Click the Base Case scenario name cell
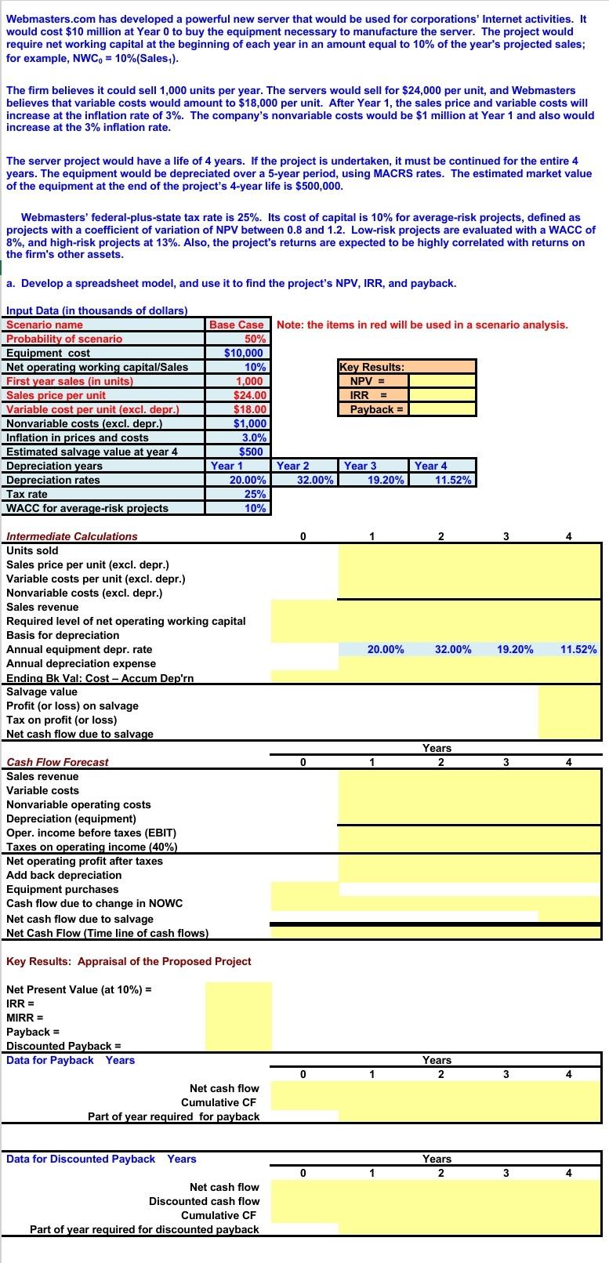click(x=239, y=325)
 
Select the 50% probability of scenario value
click(x=255, y=339)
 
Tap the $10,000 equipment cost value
click(x=245, y=353)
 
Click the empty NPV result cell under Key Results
click(x=442, y=381)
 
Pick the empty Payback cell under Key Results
click(x=442, y=409)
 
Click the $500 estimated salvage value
click(x=252, y=452)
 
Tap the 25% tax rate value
click(x=255, y=494)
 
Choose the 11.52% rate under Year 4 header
click(x=453, y=480)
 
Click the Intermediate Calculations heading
click(x=71, y=536)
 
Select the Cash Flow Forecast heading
click(x=57, y=762)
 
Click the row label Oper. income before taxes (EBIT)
click(x=91, y=833)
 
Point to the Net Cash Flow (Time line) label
click(x=107, y=933)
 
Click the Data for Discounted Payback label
click(x=81, y=1159)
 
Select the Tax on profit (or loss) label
click(x=61, y=720)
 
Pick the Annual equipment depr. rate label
click(x=79, y=649)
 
